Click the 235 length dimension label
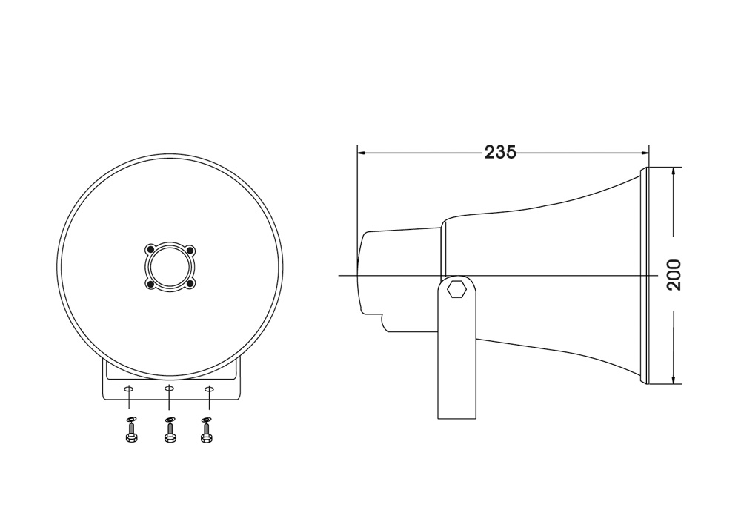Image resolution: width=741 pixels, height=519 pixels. click(500, 152)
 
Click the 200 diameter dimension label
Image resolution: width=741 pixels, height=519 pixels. click(674, 274)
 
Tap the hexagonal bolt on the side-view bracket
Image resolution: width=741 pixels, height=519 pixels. click(456, 288)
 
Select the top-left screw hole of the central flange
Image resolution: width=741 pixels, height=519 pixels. click(150, 249)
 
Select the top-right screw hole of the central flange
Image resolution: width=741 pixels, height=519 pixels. click(190, 249)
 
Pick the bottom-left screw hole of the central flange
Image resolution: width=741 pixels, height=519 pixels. click(150, 284)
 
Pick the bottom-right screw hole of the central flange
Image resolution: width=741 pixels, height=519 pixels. click(190, 284)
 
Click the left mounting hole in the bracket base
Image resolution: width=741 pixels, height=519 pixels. click(128, 389)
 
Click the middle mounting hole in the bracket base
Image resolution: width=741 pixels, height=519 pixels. click(169, 389)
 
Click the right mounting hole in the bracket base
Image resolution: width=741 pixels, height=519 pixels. click(210, 389)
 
